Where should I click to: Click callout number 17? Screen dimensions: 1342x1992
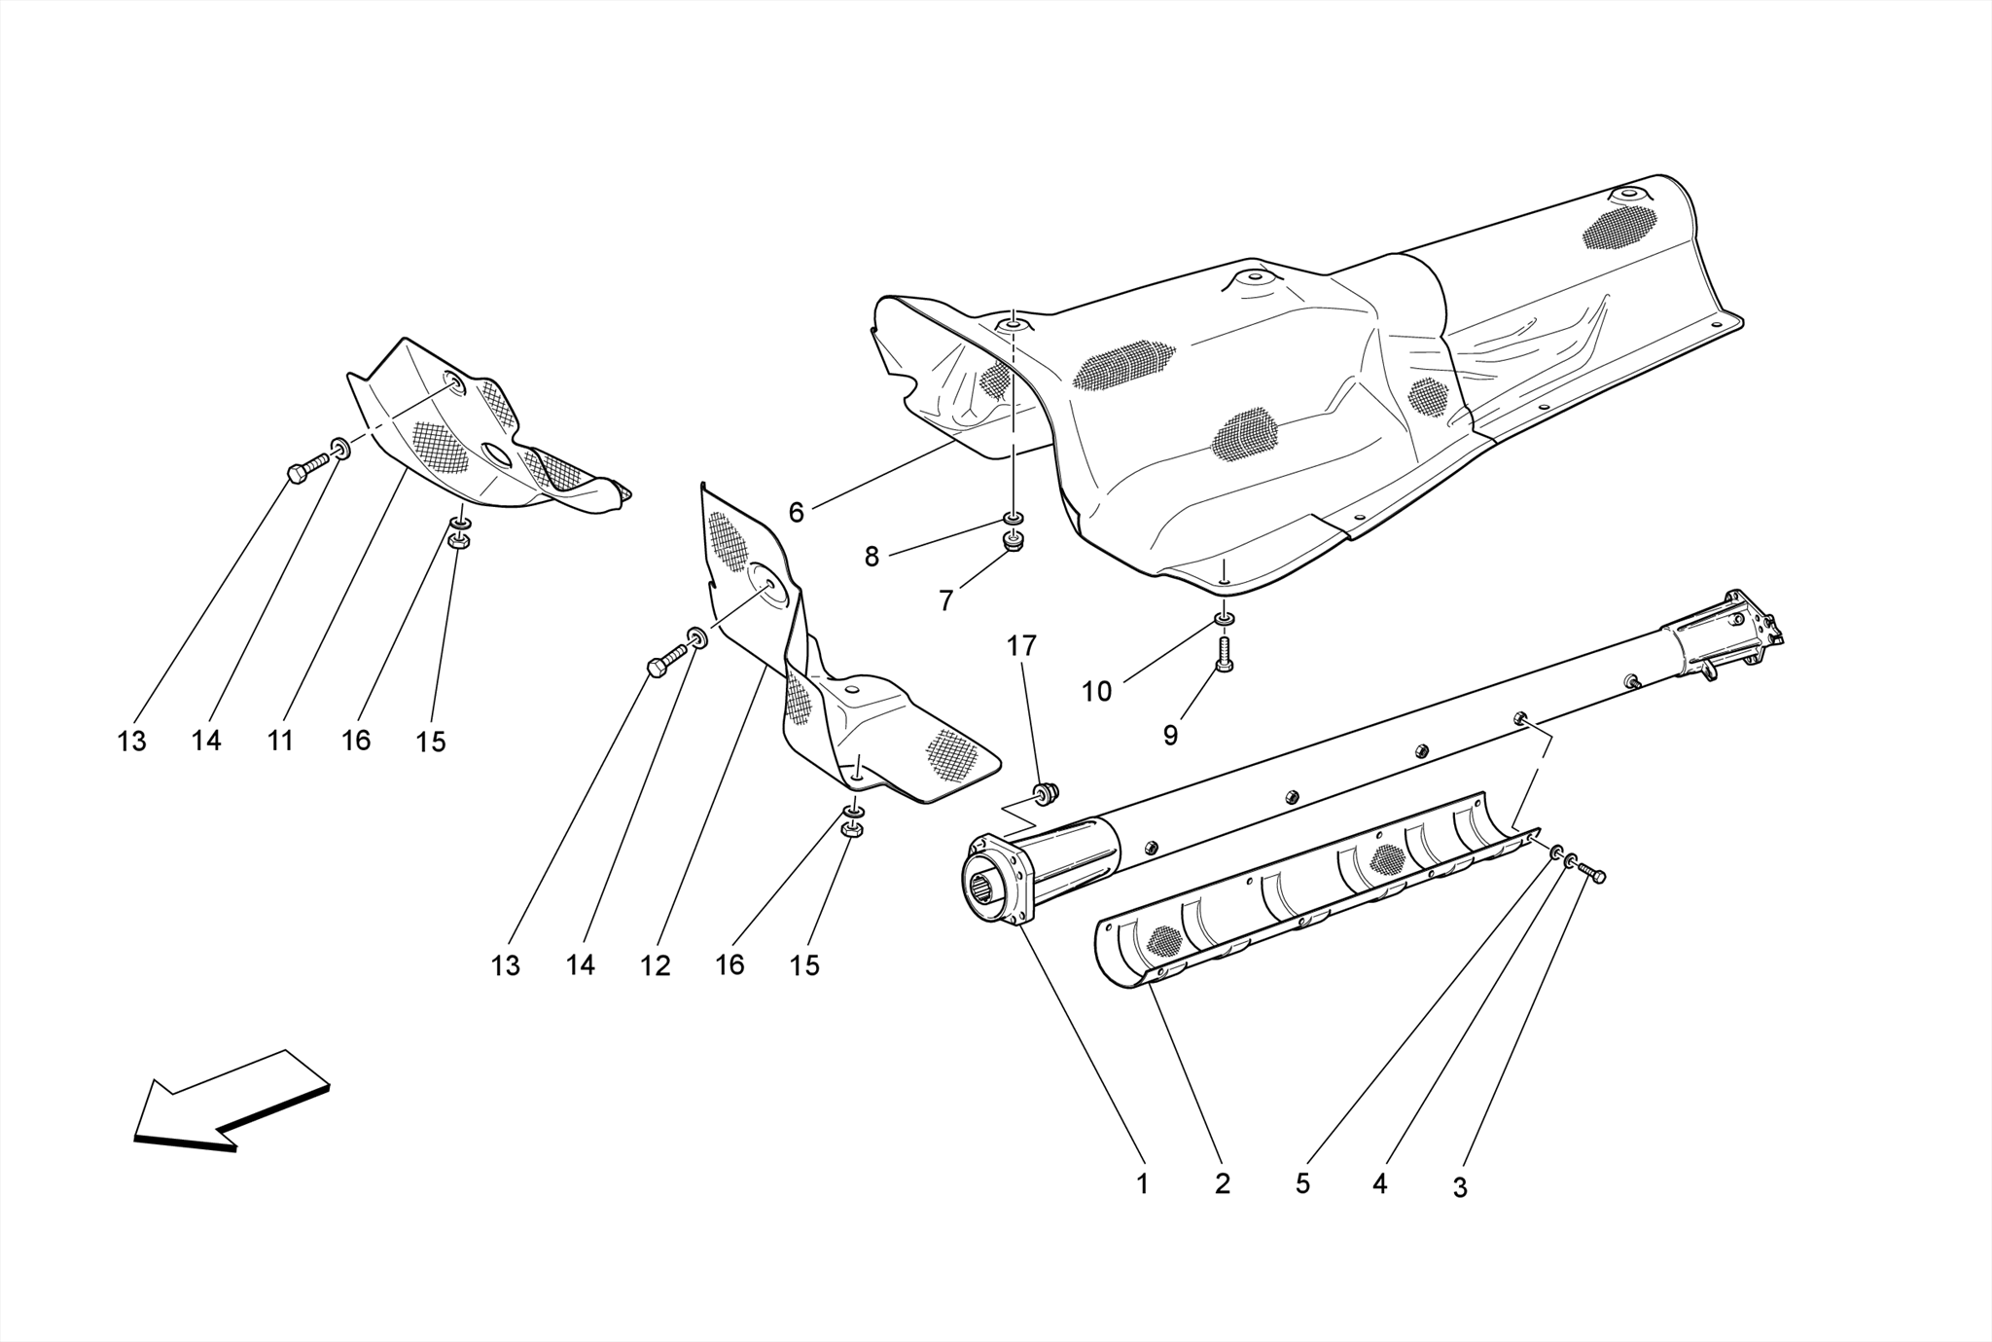pos(1021,645)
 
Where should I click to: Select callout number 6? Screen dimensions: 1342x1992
pos(796,513)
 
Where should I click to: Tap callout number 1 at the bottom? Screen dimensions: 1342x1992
pos(1142,1184)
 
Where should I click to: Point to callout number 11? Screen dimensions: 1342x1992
pos(280,742)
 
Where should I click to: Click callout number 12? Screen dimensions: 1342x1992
pos(655,965)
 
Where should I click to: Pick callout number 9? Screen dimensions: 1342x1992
pos(1170,736)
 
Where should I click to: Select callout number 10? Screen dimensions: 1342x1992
pos(1096,692)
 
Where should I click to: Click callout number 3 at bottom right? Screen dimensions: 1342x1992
pos(1459,1188)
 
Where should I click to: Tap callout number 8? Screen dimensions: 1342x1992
pos(871,557)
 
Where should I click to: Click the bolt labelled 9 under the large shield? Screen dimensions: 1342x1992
pos(1225,653)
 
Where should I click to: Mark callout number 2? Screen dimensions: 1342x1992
pos(1222,1184)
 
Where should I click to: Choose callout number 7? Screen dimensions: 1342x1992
pos(945,601)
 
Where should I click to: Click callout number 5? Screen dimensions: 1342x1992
pos(1302,1184)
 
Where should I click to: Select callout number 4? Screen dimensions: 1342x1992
pos(1379,1184)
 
